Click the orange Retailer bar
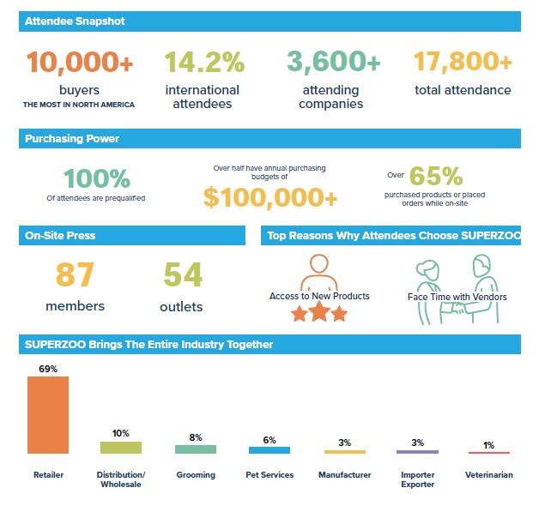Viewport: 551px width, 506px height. [48, 414]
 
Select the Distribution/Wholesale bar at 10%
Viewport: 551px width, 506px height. [121, 447]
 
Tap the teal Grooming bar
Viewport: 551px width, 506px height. [196, 449]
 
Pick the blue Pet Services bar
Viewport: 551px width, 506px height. [269, 449]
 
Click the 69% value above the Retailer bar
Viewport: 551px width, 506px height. [48, 369]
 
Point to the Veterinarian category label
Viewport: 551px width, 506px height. [488, 474]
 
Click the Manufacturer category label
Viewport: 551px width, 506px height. [344, 474]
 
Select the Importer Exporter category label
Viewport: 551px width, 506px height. [417, 479]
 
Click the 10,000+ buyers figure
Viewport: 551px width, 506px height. [80, 63]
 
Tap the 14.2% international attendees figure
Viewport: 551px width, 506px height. [204, 63]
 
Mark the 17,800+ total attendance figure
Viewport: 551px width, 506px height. [463, 63]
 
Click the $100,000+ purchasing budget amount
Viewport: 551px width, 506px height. [270, 197]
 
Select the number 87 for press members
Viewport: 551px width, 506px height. [75, 275]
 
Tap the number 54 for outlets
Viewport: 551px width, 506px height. [182, 275]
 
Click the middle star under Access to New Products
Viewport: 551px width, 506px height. [318, 313]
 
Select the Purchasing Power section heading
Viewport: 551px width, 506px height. [72, 138]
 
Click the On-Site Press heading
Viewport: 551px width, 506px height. [60, 235]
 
